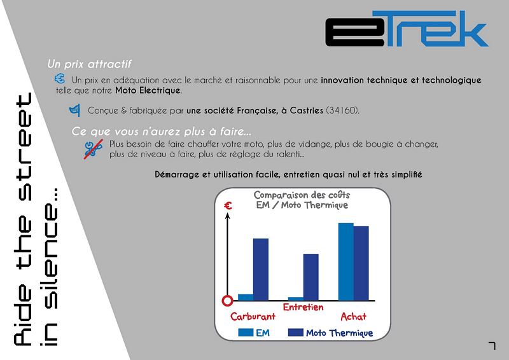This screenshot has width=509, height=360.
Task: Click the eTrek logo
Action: point(407,29)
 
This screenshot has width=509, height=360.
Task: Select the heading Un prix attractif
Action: point(89,64)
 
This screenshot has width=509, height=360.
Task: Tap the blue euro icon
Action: point(60,79)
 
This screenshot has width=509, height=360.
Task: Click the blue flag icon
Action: point(74,111)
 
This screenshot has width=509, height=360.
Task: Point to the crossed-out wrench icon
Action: point(94,149)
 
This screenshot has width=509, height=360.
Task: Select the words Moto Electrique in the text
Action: point(148,90)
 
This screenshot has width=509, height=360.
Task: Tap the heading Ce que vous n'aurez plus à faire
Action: point(162,131)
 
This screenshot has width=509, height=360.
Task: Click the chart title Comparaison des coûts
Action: point(302,195)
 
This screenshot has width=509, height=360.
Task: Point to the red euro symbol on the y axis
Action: point(228,205)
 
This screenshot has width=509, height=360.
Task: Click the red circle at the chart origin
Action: point(228,301)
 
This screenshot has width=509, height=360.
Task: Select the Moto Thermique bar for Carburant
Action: point(261,270)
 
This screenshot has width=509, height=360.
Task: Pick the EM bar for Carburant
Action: point(246,297)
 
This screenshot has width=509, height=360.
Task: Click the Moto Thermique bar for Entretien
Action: point(310,277)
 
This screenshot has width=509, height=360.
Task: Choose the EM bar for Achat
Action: point(345,261)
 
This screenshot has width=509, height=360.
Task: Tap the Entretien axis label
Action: point(303,307)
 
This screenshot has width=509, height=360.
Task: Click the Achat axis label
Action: point(353,316)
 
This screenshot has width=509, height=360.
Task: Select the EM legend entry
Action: point(254,333)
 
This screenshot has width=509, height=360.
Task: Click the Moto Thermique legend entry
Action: point(330,333)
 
